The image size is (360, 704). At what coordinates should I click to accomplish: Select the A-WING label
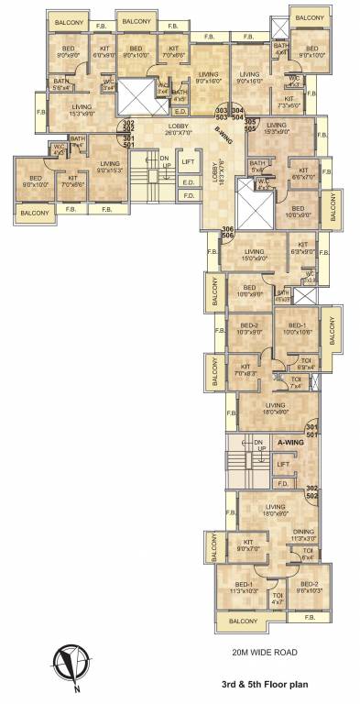289,443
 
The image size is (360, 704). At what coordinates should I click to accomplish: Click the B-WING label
223,136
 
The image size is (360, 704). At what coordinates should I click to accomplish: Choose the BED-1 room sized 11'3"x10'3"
243,588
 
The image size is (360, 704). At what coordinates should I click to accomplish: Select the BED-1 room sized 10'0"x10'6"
297,329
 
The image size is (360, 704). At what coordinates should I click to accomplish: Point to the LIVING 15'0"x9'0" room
255,255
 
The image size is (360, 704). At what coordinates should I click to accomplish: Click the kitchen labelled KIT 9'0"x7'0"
247,546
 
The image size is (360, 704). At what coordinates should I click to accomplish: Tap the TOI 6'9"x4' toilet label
308,364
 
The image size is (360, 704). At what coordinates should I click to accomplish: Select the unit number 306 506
228,232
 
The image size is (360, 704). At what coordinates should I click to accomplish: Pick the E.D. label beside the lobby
188,182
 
